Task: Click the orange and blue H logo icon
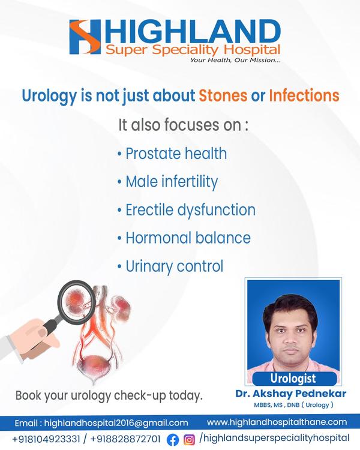tap(85, 37)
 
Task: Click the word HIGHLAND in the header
tap(192, 31)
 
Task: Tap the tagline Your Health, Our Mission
tap(235, 60)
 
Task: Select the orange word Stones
tap(223, 95)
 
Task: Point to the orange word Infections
tap(304, 95)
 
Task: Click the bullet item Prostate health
tap(172, 154)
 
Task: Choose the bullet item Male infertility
tap(167, 182)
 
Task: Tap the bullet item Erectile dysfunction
tap(187, 210)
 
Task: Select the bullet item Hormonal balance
tap(184, 238)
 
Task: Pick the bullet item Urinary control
tap(170, 266)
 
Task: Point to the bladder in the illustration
tap(94, 366)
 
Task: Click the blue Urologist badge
tap(295, 379)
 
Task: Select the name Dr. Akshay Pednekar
tap(291, 394)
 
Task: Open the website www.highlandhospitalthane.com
tap(277, 422)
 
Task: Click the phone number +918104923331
tap(46, 439)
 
